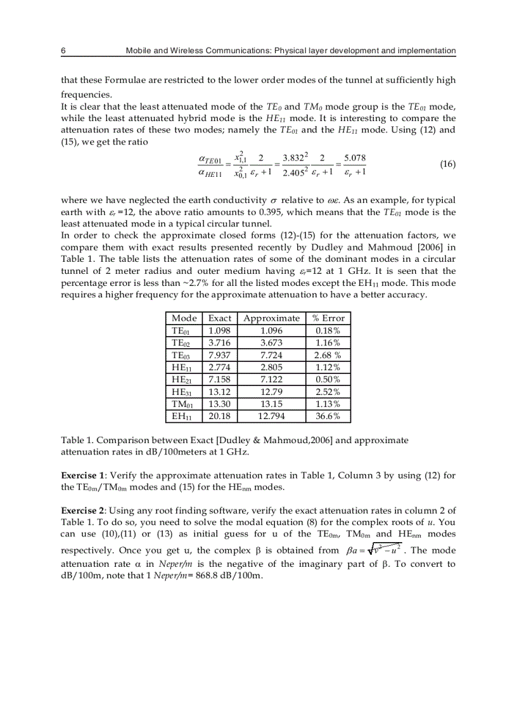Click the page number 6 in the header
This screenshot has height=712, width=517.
[x=63, y=50]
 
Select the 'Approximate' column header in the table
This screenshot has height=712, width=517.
[x=271, y=318]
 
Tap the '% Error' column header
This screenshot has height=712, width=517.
[x=328, y=318]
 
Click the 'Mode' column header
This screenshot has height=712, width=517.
[x=184, y=318]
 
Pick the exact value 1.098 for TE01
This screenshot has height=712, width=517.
[x=219, y=330]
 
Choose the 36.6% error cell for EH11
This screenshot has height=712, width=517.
[x=328, y=417]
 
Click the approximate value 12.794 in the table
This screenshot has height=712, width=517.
[x=271, y=417]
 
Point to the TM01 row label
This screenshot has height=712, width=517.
[x=182, y=405]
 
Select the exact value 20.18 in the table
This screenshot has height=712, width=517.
[x=219, y=417]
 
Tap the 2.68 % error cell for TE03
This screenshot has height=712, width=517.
[x=328, y=355]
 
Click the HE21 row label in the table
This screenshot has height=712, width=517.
[x=182, y=380]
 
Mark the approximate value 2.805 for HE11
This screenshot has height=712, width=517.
[x=271, y=367]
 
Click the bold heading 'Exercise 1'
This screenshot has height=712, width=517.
[x=82, y=475]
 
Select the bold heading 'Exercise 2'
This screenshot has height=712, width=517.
[x=82, y=510]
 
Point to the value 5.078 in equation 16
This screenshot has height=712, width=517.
[x=355, y=158]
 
